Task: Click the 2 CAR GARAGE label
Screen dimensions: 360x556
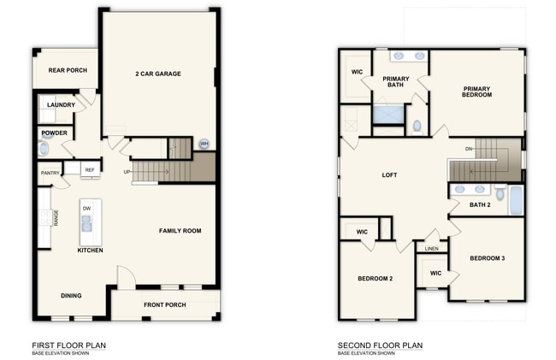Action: [158, 74]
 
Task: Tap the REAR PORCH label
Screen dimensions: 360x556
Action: [68, 70]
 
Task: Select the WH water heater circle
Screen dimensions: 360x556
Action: [204, 144]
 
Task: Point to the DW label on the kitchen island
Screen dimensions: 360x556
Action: [86, 208]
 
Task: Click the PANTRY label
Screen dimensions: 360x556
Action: [50, 173]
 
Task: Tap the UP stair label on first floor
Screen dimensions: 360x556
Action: [127, 172]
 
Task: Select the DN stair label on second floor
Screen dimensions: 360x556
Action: [469, 150]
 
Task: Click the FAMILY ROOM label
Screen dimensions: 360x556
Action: [180, 231]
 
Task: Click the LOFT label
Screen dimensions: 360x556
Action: [389, 175]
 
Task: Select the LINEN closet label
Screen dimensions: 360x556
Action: [432, 249]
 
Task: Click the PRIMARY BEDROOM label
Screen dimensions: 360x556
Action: [477, 91]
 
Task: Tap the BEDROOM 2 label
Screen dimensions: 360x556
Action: [375, 279]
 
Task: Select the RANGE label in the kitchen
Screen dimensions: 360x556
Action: [56, 218]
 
